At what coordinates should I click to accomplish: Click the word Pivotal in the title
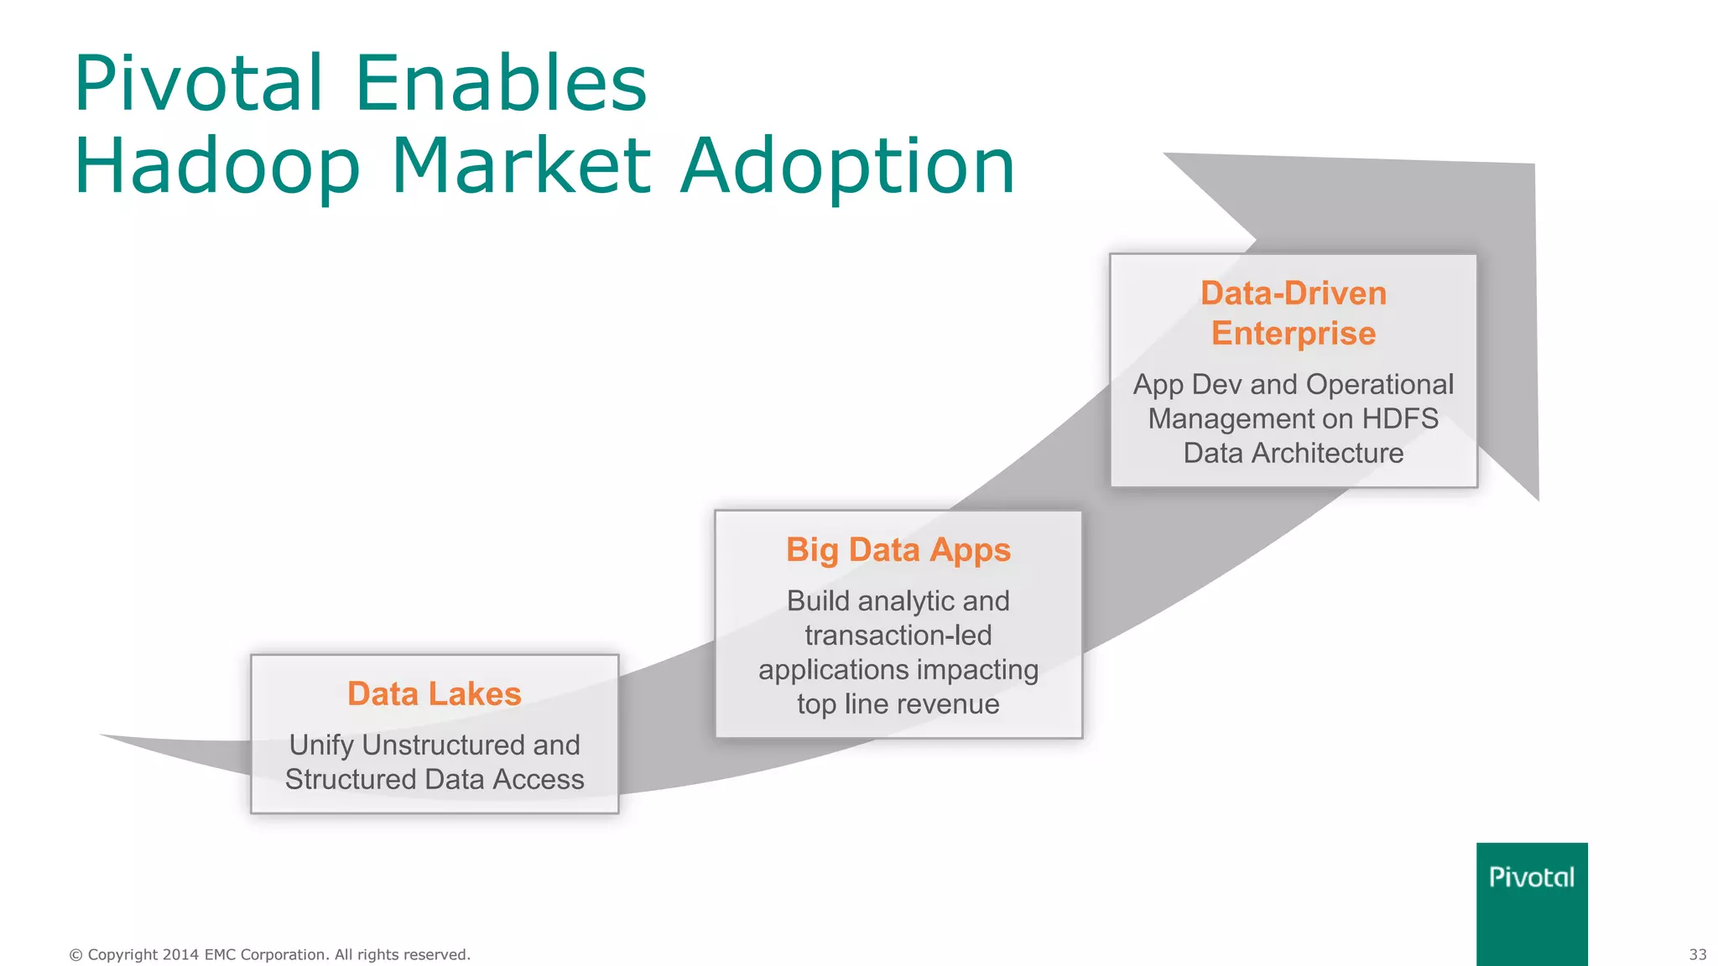click(x=198, y=84)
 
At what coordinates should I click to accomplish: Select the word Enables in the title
click(x=501, y=84)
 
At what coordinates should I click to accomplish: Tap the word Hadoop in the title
click(x=217, y=168)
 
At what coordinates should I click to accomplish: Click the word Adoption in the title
click(x=847, y=168)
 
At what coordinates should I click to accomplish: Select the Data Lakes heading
click(x=435, y=694)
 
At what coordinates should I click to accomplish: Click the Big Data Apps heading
click(x=898, y=550)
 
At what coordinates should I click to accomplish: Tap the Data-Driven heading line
click(x=1293, y=293)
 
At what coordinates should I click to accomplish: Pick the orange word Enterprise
click(x=1293, y=334)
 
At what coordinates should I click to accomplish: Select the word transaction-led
click(x=898, y=636)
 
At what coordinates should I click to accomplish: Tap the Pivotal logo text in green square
click(x=1531, y=877)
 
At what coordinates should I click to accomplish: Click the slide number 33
click(x=1697, y=954)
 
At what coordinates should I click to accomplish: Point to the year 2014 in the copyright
click(x=180, y=954)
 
